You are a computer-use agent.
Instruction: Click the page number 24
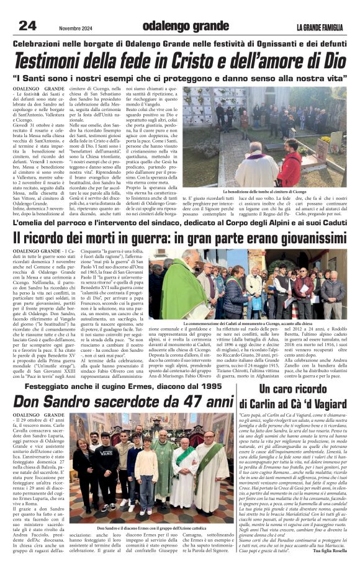pyautogui.click(x=27, y=26)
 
